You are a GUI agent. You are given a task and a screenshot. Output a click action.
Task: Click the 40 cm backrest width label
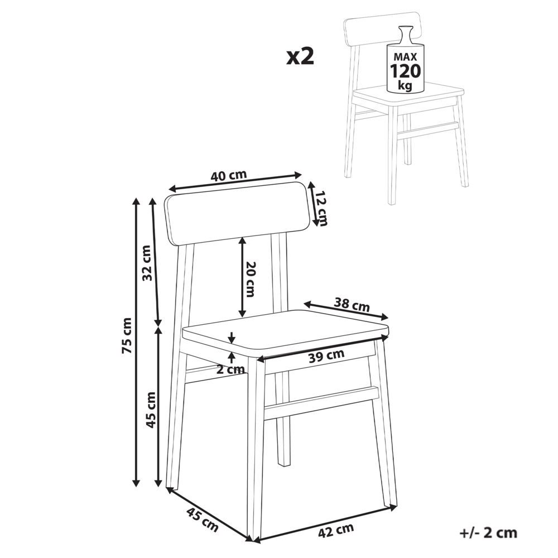228,175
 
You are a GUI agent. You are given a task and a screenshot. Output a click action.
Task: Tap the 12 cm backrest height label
320,208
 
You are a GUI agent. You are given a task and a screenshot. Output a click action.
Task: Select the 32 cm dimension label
147,263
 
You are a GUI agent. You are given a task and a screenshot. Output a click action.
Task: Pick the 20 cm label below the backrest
251,278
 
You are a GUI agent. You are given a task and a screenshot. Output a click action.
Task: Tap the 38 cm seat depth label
352,305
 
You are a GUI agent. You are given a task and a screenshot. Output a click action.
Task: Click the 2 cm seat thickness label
230,369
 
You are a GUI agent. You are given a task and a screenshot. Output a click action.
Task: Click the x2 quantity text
301,57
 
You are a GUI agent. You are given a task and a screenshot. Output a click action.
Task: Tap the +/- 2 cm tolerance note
489,533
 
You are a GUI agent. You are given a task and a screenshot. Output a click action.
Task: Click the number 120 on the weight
406,71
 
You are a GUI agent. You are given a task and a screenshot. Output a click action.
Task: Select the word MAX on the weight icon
406,57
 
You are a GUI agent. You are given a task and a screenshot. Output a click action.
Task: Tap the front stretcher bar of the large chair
321,403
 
